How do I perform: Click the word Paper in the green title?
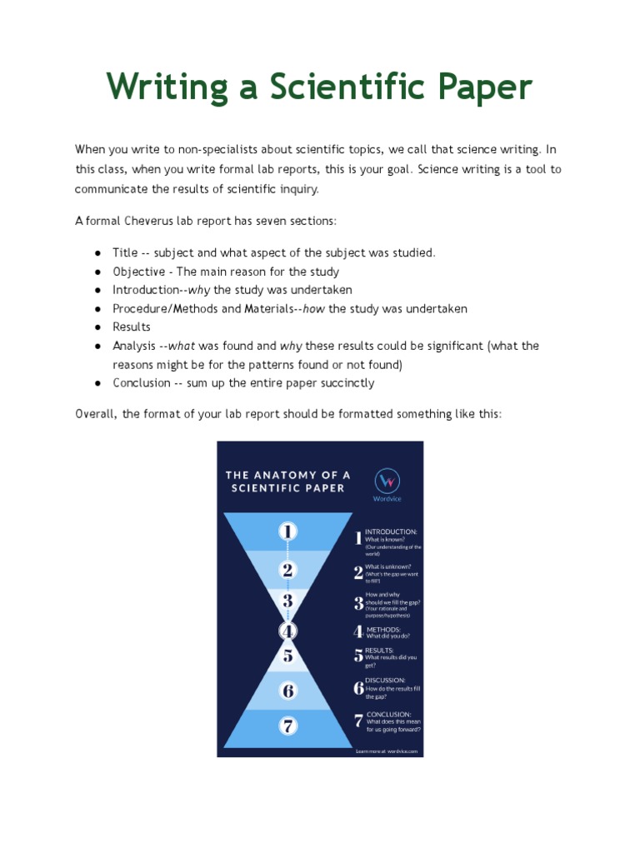click(477, 87)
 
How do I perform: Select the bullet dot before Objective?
click(98, 272)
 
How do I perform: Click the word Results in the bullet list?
click(132, 327)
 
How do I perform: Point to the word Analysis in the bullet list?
click(133, 345)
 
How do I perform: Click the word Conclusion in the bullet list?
click(142, 383)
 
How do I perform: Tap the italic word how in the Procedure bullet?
click(315, 308)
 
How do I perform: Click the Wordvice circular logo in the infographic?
click(387, 481)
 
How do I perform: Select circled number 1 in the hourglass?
click(287, 531)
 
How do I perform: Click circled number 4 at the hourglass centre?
click(287, 631)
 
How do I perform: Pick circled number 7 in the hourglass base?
click(287, 726)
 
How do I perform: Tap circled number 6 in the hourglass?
click(287, 691)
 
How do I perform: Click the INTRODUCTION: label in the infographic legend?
click(391, 531)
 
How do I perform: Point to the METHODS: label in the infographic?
click(384, 629)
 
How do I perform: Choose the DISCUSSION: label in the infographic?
click(385, 680)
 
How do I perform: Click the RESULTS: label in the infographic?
click(380, 650)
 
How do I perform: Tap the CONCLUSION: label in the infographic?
click(389, 714)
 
